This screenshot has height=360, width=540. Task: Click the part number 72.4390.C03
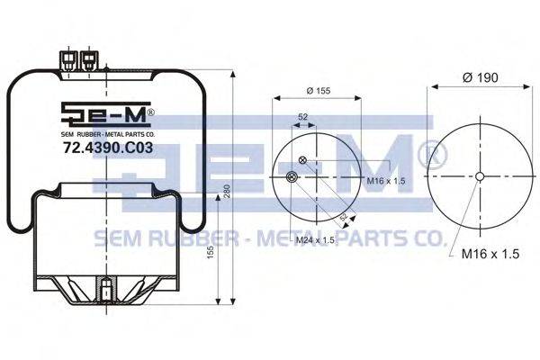pyautogui.click(x=108, y=148)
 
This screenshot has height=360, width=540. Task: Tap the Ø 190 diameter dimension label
pyautogui.click(x=481, y=77)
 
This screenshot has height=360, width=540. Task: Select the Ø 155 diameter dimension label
pyautogui.click(x=319, y=91)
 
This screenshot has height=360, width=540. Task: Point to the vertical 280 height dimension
pyautogui.click(x=227, y=191)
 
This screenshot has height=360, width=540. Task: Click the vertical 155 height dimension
pyautogui.click(x=211, y=252)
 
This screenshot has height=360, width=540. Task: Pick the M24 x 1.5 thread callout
pyautogui.click(x=315, y=240)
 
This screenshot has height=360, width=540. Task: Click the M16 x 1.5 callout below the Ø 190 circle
pyautogui.click(x=490, y=254)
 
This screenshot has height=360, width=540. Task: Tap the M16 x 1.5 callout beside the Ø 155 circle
pyautogui.click(x=386, y=181)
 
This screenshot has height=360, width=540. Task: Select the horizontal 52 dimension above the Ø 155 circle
pyautogui.click(x=302, y=117)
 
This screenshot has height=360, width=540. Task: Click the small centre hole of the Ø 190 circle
pyautogui.click(x=480, y=176)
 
